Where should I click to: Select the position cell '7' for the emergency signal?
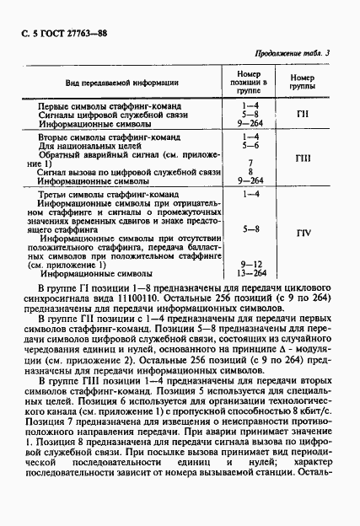click(250, 162)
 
